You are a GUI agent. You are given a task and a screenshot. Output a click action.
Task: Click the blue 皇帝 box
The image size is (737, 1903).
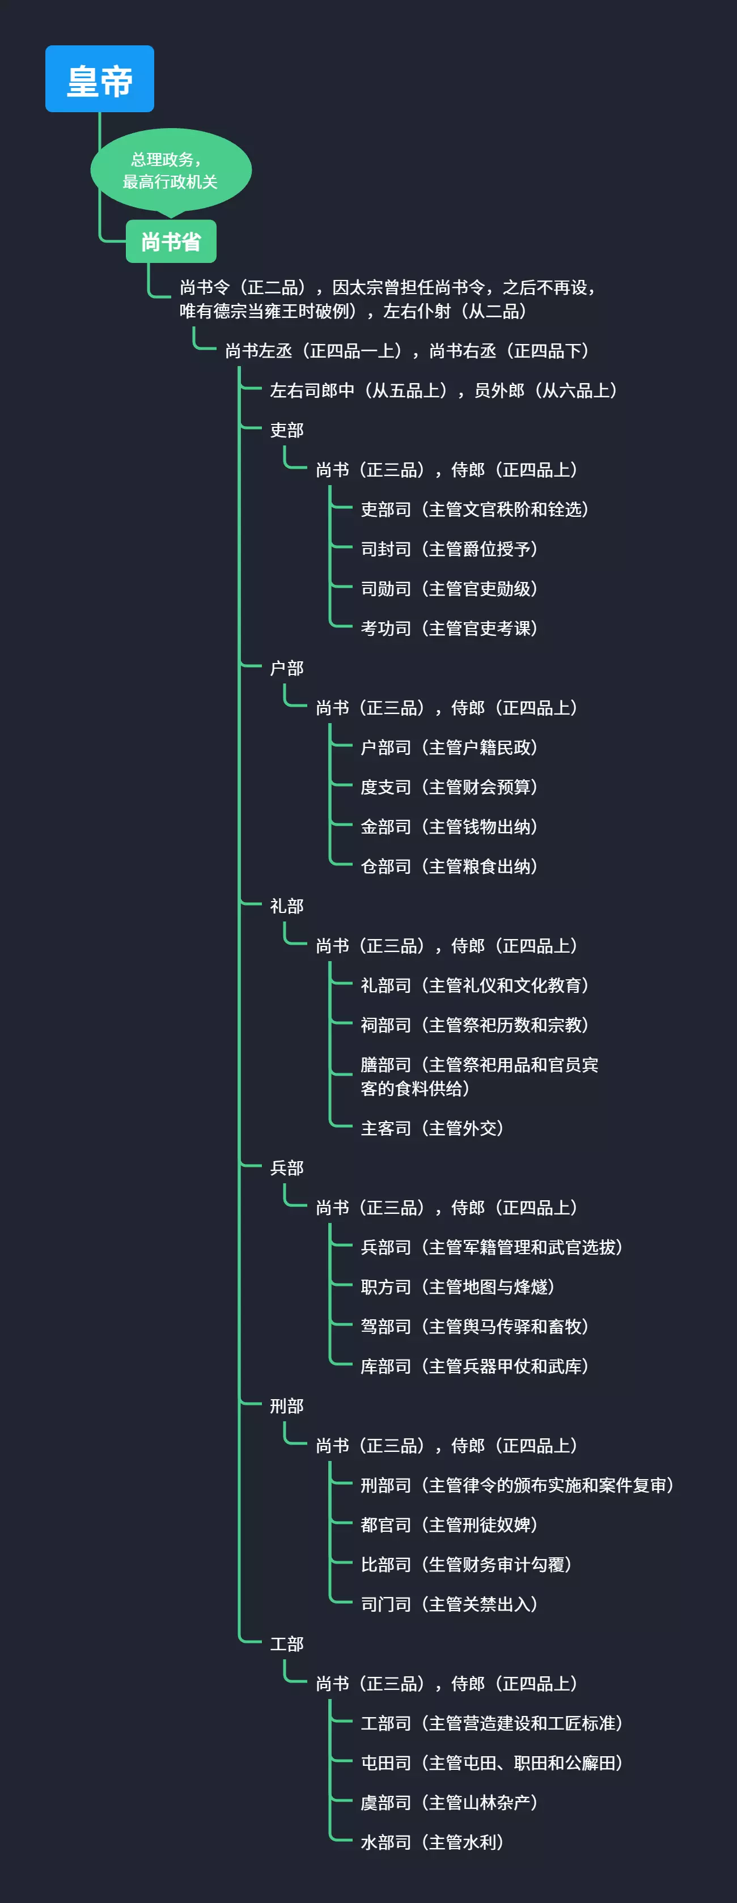100,79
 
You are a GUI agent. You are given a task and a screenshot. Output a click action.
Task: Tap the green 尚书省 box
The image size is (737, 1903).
171,241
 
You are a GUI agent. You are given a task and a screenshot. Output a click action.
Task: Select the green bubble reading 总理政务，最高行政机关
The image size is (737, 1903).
171,171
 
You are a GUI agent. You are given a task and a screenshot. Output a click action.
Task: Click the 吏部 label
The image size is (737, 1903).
287,430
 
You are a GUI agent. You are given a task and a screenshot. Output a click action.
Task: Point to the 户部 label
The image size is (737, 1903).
287,668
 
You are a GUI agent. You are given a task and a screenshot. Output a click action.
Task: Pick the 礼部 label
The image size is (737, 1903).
287,906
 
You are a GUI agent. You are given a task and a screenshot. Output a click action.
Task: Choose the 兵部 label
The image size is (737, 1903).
287,1168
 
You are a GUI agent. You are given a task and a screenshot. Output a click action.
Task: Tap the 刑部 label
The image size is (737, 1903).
287,1406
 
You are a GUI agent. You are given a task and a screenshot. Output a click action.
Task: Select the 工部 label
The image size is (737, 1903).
287,1643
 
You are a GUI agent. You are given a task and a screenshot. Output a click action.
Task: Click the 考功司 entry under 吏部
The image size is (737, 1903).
448,628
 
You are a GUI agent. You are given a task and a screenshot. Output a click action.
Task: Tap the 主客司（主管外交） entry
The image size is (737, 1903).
431,1128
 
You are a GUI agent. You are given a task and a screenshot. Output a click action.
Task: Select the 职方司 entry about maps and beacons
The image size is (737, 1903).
457,1287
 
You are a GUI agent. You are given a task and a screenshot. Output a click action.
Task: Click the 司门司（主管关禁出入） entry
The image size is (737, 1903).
448,1604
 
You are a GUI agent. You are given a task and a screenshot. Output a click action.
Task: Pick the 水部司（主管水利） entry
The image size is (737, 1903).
431,1842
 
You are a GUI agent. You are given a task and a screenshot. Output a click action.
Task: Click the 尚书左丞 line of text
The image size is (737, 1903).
407,351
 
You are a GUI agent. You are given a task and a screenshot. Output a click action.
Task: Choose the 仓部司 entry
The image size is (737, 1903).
448,866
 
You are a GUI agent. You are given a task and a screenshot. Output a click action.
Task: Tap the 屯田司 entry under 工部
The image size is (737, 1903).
491,1762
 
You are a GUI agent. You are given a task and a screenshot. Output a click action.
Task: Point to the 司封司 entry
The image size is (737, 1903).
448,549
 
